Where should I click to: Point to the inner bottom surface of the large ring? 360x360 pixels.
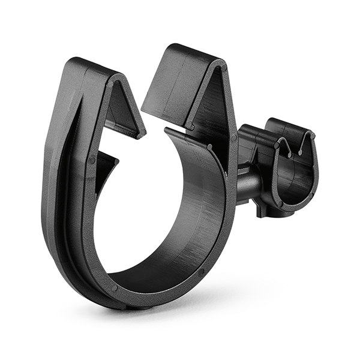click(x=162, y=264)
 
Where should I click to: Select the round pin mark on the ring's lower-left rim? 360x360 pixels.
click(x=114, y=287)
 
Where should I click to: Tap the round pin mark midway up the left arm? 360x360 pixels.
click(x=91, y=160)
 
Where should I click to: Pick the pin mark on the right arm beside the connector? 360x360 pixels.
click(x=233, y=138)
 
